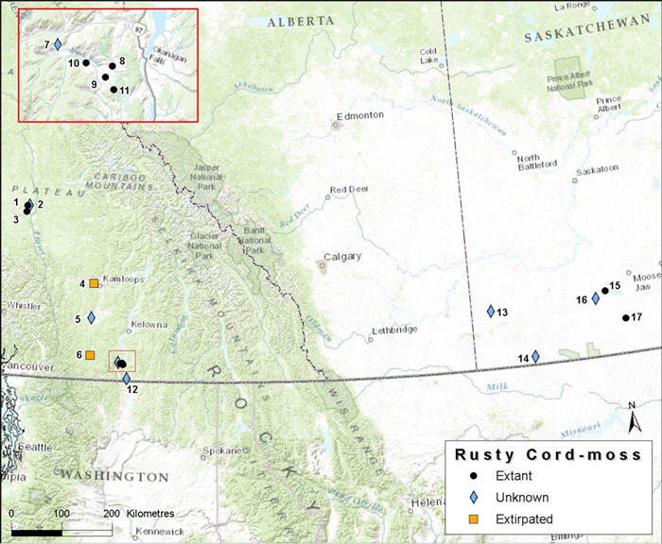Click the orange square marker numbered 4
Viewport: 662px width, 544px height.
point(94,282)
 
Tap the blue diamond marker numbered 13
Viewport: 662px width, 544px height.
point(491,312)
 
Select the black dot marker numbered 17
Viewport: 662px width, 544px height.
point(625,317)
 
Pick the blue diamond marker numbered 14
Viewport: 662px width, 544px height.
point(535,356)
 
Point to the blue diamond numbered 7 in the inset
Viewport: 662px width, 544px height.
point(58,44)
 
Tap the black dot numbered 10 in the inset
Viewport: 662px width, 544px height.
point(85,62)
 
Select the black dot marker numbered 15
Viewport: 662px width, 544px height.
point(605,291)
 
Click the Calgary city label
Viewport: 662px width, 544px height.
point(342,257)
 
